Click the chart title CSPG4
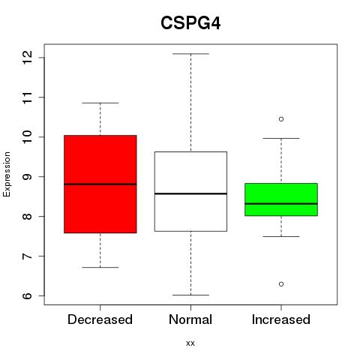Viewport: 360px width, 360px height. point(190,23)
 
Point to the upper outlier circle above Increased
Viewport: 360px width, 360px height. point(281,119)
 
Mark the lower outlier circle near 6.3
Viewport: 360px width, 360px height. point(281,284)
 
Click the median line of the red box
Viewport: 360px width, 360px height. point(100,184)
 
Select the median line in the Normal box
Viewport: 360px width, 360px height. point(190,193)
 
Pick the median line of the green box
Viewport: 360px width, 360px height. point(281,204)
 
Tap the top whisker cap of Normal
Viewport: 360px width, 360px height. point(190,54)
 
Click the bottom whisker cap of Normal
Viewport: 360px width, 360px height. point(190,295)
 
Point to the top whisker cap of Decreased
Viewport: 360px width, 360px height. point(100,103)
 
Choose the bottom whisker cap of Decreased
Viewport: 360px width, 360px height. point(100,267)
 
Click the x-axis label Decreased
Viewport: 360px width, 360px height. point(100,319)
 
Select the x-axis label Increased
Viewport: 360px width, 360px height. point(281,319)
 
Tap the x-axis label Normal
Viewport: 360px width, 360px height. point(190,319)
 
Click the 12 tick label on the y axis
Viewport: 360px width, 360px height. point(27,57)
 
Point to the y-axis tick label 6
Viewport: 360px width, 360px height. point(27,295)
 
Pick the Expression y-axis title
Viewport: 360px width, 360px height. point(7,174)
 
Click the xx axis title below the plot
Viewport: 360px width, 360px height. point(190,343)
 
